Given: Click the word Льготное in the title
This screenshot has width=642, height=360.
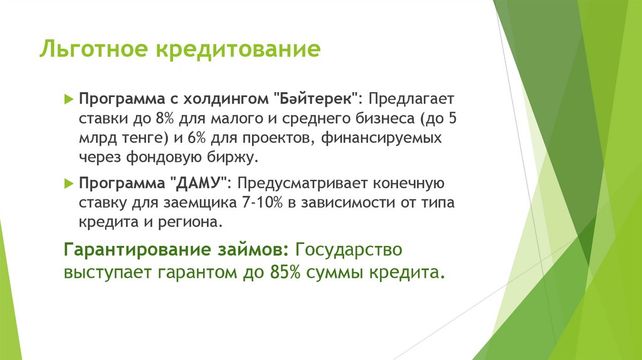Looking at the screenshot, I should coord(89,50).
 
